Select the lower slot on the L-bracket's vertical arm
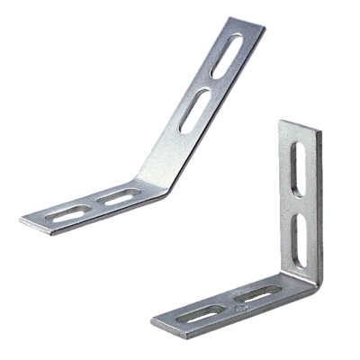(x=301, y=235)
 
